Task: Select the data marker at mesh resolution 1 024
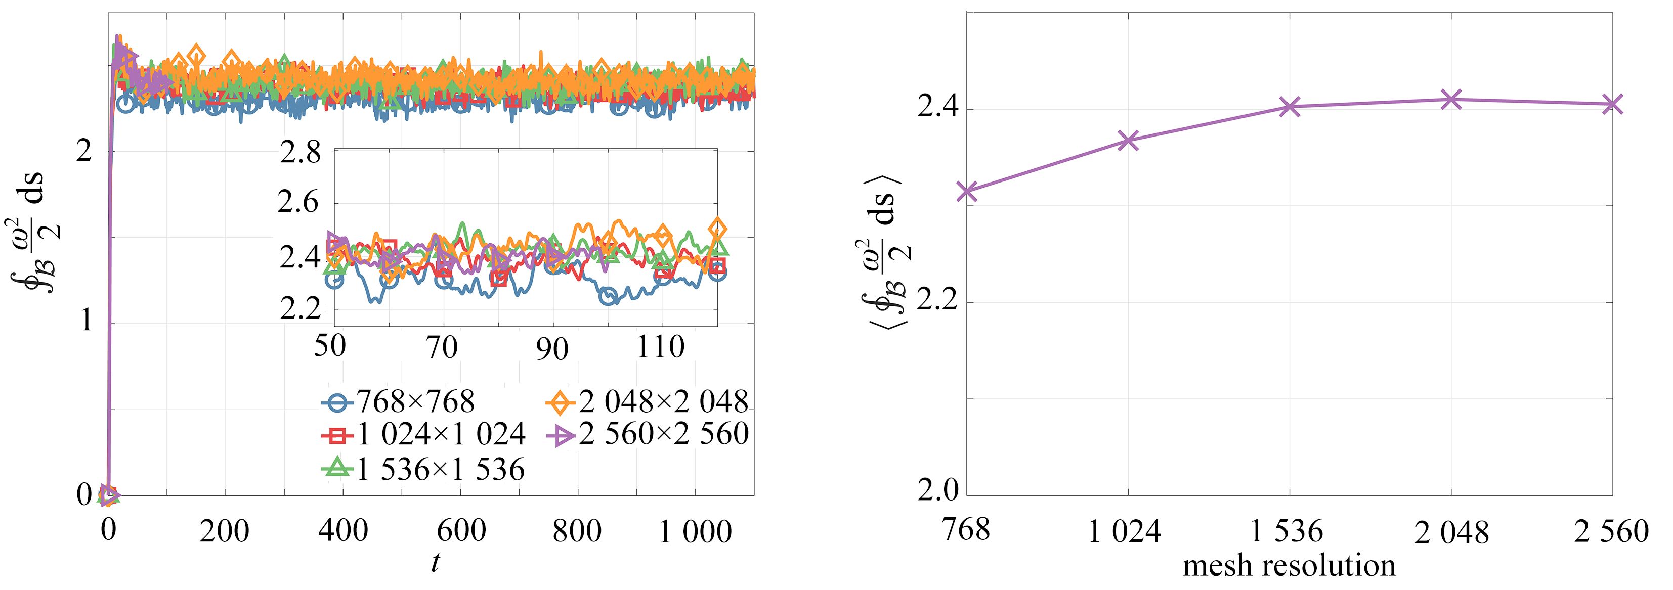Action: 1129,140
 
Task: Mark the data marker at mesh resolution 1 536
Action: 1290,107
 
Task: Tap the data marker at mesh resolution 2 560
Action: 1612,104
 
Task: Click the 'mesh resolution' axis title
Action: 1289,566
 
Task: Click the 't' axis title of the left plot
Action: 435,562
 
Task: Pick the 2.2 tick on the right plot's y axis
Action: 937,302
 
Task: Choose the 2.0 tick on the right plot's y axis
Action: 937,491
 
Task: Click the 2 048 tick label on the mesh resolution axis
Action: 1451,533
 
